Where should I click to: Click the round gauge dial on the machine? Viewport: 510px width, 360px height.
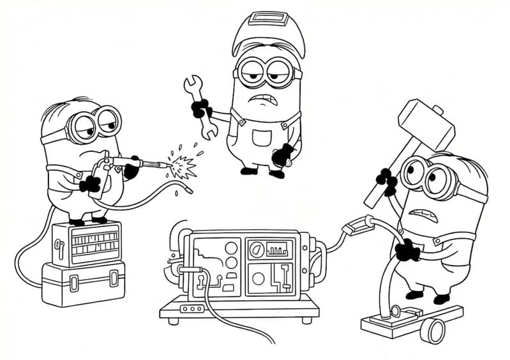[256, 249]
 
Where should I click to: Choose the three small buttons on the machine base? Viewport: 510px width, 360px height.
[191, 309]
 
